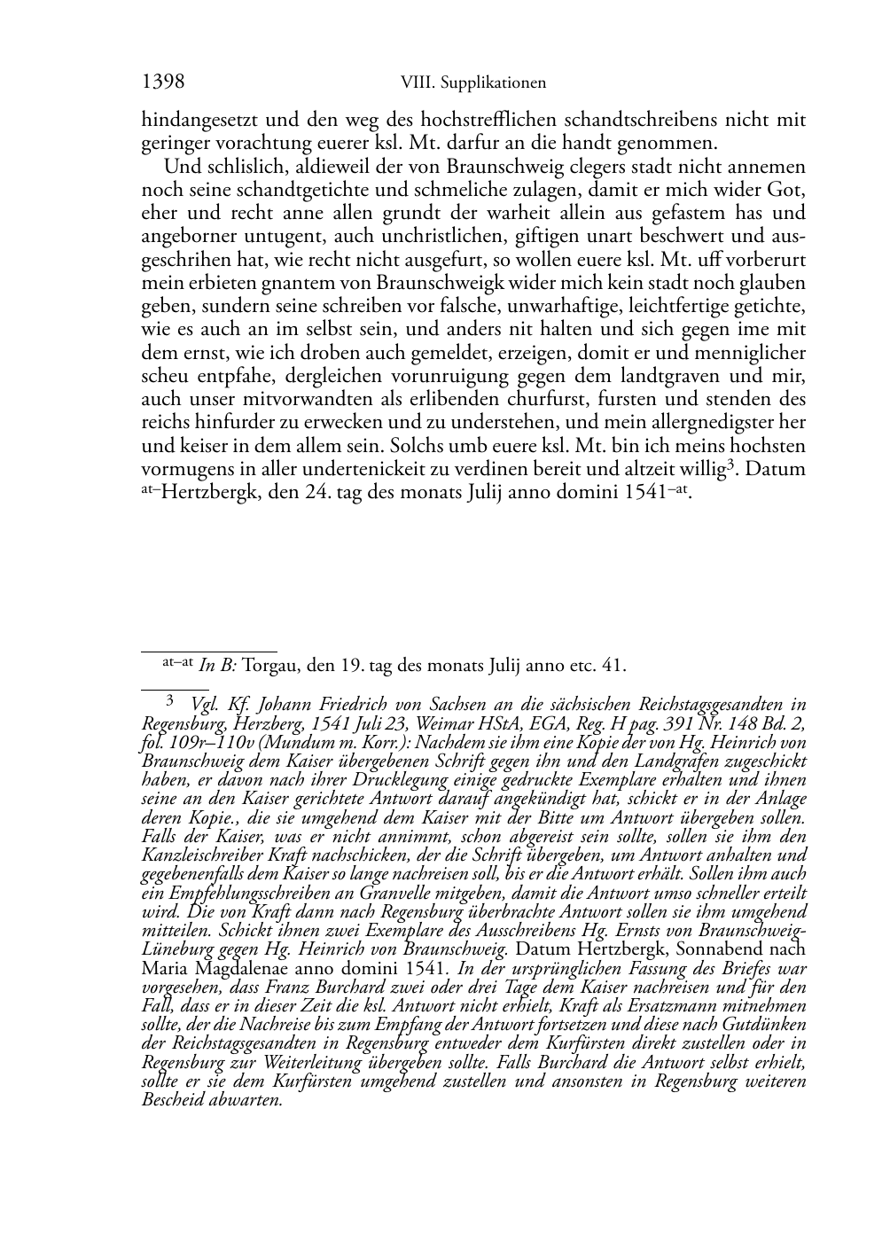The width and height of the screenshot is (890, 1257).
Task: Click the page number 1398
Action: click(x=163, y=82)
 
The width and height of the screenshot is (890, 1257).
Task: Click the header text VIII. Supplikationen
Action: click(x=472, y=83)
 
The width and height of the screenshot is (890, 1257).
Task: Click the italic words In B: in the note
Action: click(x=218, y=665)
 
